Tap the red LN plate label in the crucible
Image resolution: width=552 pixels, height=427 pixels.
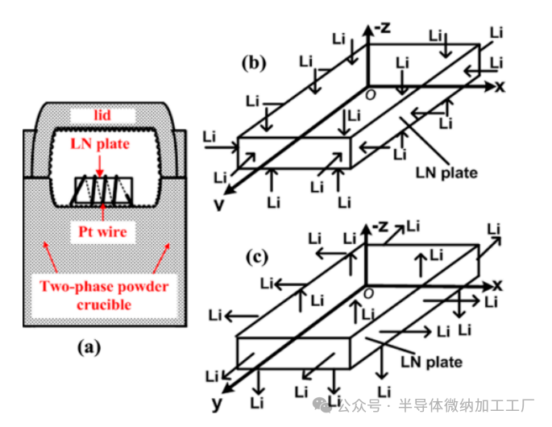point(97,144)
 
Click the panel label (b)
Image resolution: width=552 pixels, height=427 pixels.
point(255,64)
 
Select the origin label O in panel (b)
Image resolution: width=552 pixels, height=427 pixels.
point(371,94)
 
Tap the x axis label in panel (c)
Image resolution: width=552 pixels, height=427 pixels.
point(498,285)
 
